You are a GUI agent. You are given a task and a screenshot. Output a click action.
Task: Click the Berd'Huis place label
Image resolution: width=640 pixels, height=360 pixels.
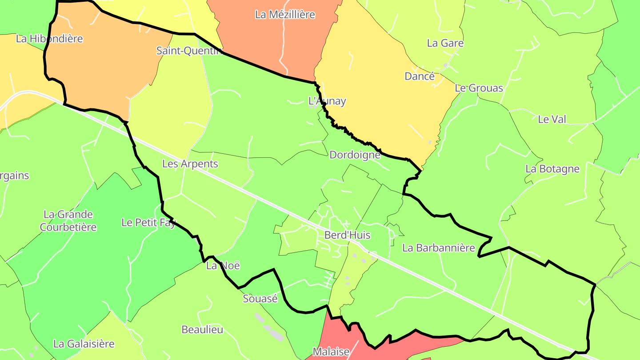(347, 235)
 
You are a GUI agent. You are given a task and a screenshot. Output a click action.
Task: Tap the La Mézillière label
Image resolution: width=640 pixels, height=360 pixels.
(285, 15)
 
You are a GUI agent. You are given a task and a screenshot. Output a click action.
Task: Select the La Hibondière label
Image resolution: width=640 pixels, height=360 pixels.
(49, 39)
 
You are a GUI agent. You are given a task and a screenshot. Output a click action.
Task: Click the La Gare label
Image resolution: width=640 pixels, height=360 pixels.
(445, 43)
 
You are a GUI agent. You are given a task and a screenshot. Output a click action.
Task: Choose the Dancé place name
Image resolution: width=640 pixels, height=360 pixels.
(420, 76)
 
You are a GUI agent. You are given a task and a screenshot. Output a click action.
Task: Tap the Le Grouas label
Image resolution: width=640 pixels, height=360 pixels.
(479, 88)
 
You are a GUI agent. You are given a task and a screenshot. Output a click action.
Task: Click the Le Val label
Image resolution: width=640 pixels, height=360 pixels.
(552, 119)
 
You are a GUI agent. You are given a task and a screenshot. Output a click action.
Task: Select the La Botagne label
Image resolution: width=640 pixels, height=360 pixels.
(552, 169)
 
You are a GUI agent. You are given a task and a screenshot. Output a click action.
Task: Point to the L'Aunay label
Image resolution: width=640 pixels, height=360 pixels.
(327, 101)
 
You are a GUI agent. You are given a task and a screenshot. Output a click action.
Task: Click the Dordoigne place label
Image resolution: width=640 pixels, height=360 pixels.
(355, 155)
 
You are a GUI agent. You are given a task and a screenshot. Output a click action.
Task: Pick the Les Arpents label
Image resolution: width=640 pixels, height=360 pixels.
(190, 164)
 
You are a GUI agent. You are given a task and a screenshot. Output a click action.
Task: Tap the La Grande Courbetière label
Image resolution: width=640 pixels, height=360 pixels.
(68, 221)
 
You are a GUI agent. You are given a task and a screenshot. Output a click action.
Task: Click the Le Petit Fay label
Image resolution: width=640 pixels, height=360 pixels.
(148, 223)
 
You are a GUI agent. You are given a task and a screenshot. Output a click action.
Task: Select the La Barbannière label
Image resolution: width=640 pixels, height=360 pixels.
(438, 248)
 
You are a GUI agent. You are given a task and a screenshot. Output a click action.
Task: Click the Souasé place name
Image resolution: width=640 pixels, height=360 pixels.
(260, 299)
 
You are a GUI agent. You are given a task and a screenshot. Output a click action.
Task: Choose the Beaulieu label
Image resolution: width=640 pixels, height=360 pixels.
(202, 330)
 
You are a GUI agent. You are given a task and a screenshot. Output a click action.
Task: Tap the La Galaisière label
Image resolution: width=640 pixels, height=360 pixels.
(84, 344)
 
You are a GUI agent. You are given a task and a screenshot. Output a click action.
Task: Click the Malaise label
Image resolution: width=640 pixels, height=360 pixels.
(331, 352)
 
